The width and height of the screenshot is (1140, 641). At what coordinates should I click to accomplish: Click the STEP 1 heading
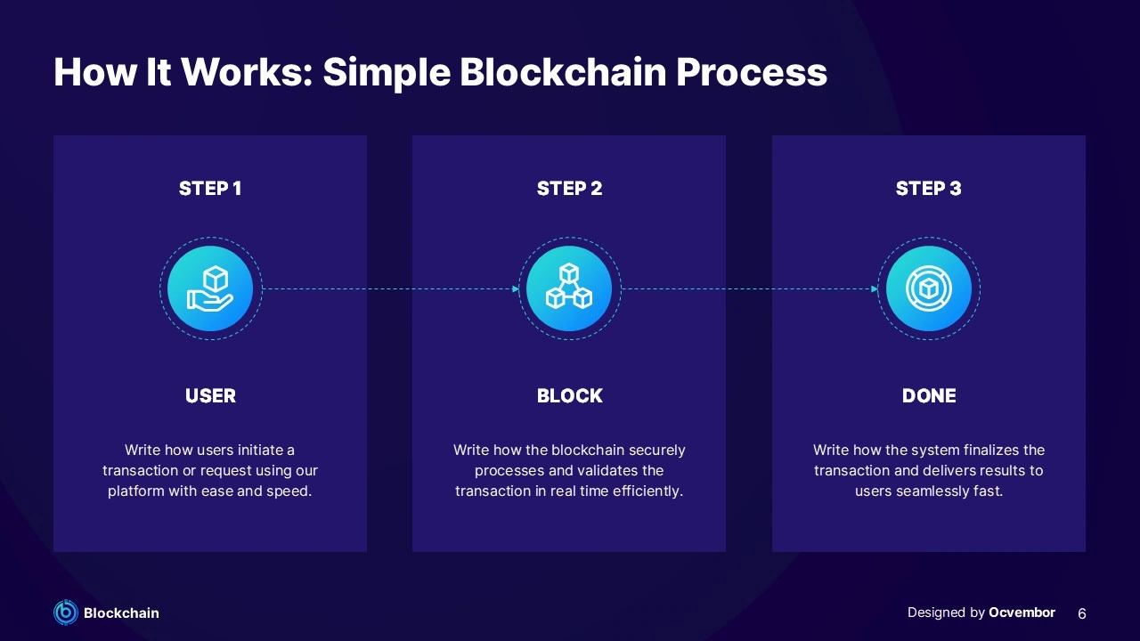tap(210, 188)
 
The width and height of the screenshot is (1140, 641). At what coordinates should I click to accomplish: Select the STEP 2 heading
tap(569, 188)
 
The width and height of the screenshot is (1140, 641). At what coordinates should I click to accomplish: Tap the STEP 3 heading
tap(928, 188)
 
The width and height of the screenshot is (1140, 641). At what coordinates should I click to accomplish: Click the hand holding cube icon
tap(210, 288)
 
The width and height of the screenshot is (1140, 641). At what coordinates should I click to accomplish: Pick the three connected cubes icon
tap(569, 288)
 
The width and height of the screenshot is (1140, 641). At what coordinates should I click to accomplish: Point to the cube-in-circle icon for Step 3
tap(928, 288)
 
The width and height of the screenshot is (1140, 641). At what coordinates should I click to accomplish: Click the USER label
tap(210, 396)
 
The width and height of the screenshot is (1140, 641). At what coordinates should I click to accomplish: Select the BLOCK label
tap(569, 396)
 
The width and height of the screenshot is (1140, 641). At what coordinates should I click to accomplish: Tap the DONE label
tap(928, 396)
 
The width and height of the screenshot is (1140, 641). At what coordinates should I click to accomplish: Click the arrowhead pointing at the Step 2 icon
tap(516, 288)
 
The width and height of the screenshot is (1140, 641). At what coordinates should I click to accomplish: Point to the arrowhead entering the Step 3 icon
tap(875, 288)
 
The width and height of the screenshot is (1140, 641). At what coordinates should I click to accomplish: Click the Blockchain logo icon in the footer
tap(66, 613)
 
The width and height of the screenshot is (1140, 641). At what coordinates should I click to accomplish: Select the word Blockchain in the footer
tap(121, 613)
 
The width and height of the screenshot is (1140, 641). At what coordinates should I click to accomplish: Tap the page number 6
tap(1082, 613)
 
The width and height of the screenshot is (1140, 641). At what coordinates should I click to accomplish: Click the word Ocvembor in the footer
tap(1022, 613)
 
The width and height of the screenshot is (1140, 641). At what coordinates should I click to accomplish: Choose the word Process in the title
tap(751, 72)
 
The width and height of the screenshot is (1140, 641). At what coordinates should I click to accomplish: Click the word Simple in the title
tap(386, 72)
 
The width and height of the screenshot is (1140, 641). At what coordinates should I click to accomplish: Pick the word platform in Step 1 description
tap(135, 491)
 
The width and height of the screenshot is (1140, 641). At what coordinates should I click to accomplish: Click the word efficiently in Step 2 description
tap(647, 491)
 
